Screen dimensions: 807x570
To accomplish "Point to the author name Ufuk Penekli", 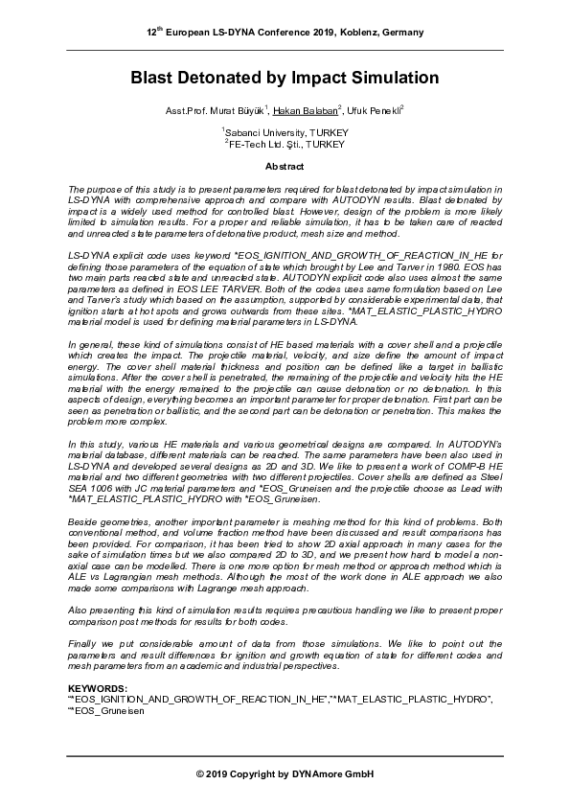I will click(x=378, y=112).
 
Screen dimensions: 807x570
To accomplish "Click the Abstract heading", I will click(x=285, y=165).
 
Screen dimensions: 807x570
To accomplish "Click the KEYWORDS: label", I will click(x=97, y=689).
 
